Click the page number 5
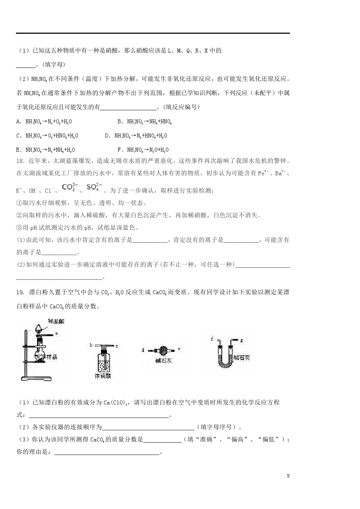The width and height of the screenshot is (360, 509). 288,476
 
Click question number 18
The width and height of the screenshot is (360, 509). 20,161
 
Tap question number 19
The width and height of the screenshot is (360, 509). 20,292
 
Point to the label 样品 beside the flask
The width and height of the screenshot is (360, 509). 52,357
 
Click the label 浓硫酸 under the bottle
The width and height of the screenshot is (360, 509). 102,376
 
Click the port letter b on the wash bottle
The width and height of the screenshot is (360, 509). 91,345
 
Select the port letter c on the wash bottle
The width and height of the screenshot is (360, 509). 116,346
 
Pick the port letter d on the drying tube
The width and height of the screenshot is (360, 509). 143,350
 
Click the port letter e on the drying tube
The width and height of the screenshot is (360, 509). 179,349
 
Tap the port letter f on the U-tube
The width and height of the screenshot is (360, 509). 212,339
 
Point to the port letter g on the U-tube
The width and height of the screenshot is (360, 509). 242,340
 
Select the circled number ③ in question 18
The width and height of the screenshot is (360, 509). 19,227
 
